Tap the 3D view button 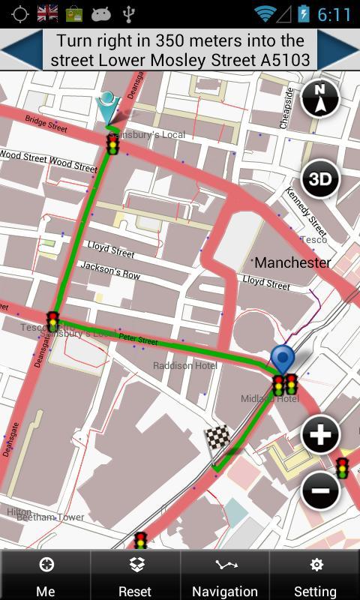pos(320,179)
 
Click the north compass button pos(320,99)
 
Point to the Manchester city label pos(292,262)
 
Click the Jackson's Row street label pos(110,270)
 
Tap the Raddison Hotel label pos(184,365)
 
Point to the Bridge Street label pos(46,124)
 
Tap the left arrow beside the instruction pos(20,50)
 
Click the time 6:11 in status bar pos(334,14)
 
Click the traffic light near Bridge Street pos(112,144)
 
